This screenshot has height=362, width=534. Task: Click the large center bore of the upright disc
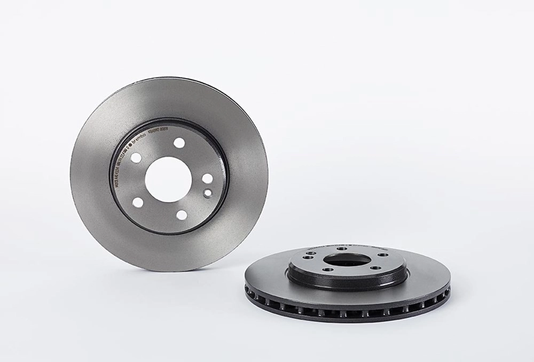tap(168, 179)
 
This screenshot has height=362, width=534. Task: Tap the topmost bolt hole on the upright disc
tap(179, 143)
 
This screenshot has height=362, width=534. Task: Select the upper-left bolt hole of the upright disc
tap(136, 158)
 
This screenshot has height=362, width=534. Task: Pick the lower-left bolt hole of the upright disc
tap(138, 202)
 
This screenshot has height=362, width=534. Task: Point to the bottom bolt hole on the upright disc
tap(182, 215)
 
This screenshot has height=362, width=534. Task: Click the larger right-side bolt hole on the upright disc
tap(207, 179)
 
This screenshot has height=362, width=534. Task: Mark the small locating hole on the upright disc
tap(208, 193)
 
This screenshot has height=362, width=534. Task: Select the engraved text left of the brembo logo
tap(121, 166)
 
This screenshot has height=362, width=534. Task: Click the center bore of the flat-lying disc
tap(347, 260)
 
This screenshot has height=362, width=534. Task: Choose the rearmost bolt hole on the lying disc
tap(342, 249)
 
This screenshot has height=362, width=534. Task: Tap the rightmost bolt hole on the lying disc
tap(383, 255)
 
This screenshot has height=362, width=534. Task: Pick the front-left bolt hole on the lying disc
tap(324, 269)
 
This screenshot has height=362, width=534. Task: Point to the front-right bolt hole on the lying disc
tap(375, 267)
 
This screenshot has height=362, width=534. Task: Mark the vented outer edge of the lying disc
tap(347, 311)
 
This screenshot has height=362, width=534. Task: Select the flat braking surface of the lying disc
tap(427, 278)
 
